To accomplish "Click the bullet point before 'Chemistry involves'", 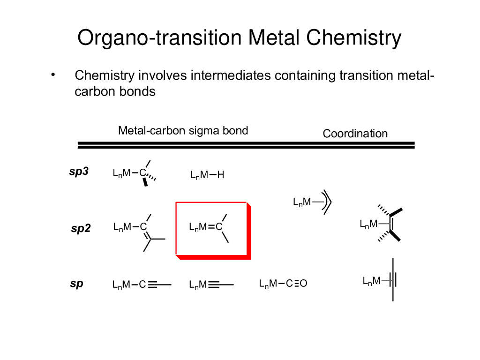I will (x=53, y=75).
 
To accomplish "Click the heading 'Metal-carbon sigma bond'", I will (x=183, y=130).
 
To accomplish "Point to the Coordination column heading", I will (x=355, y=134).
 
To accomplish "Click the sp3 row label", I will (x=79, y=172).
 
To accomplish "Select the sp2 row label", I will (x=81, y=229).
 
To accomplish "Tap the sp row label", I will (x=76, y=284).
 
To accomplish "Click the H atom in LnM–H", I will (x=221, y=175).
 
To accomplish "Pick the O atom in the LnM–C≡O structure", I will (x=303, y=284).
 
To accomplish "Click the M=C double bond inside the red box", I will (x=211, y=227).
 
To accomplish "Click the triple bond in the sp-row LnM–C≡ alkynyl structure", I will (x=155, y=284).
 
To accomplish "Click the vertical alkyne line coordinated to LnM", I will (x=393, y=280).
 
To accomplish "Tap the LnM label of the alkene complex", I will (x=368, y=224).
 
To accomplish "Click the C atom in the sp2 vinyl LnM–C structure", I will (x=143, y=227).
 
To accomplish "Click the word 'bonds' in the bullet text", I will (x=139, y=91).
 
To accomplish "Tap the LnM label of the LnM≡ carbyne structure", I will (x=198, y=285).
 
